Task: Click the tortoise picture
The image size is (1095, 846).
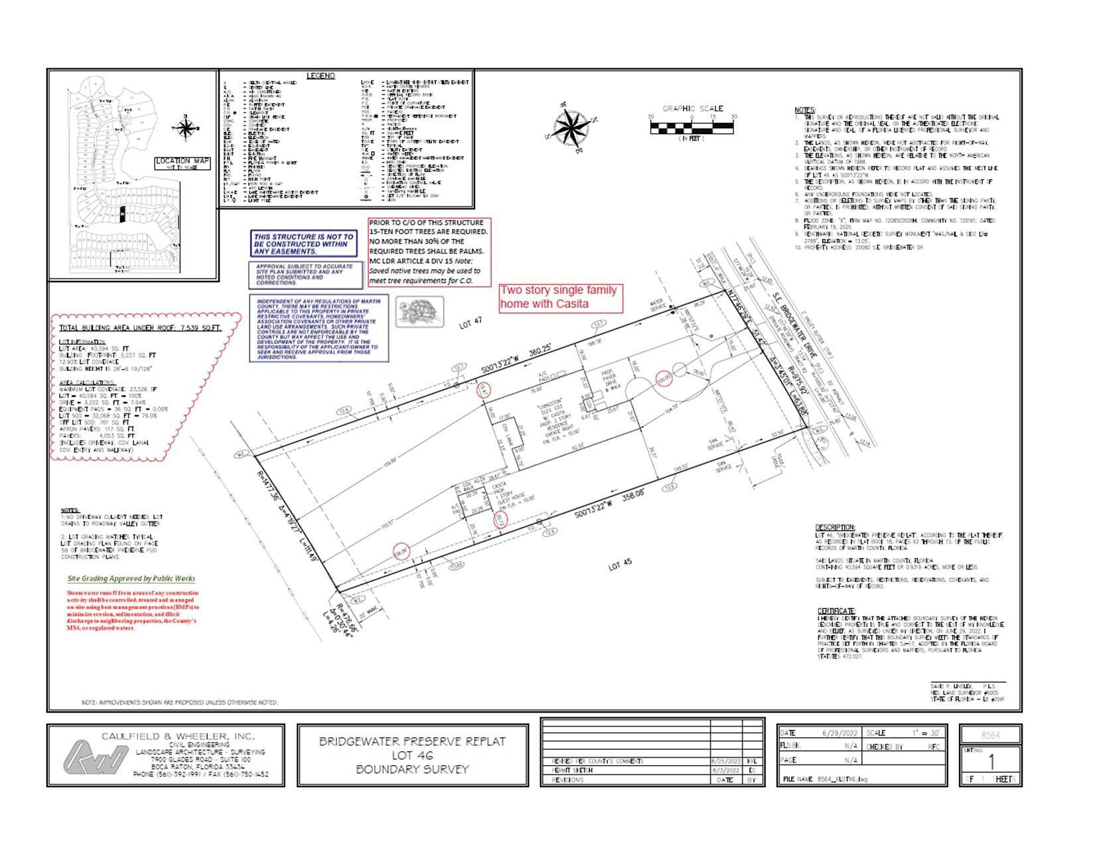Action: pos(419,312)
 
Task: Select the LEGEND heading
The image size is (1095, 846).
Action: pos(321,76)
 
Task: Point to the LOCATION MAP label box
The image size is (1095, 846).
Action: pos(183,163)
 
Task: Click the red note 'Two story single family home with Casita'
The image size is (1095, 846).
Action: pos(561,297)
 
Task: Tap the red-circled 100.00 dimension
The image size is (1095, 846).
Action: pos(663,378)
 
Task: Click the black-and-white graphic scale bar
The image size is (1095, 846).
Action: pos(692,125)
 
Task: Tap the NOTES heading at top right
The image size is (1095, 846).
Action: pos(805,110)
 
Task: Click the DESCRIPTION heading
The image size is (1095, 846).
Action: pos(835,528)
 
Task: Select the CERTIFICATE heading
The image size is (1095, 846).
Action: pos(836,610)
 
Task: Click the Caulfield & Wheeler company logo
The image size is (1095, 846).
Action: pos(95,756)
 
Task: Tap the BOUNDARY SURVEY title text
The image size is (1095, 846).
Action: pos(412,770)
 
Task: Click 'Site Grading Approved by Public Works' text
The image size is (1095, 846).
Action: pos(131,579)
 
